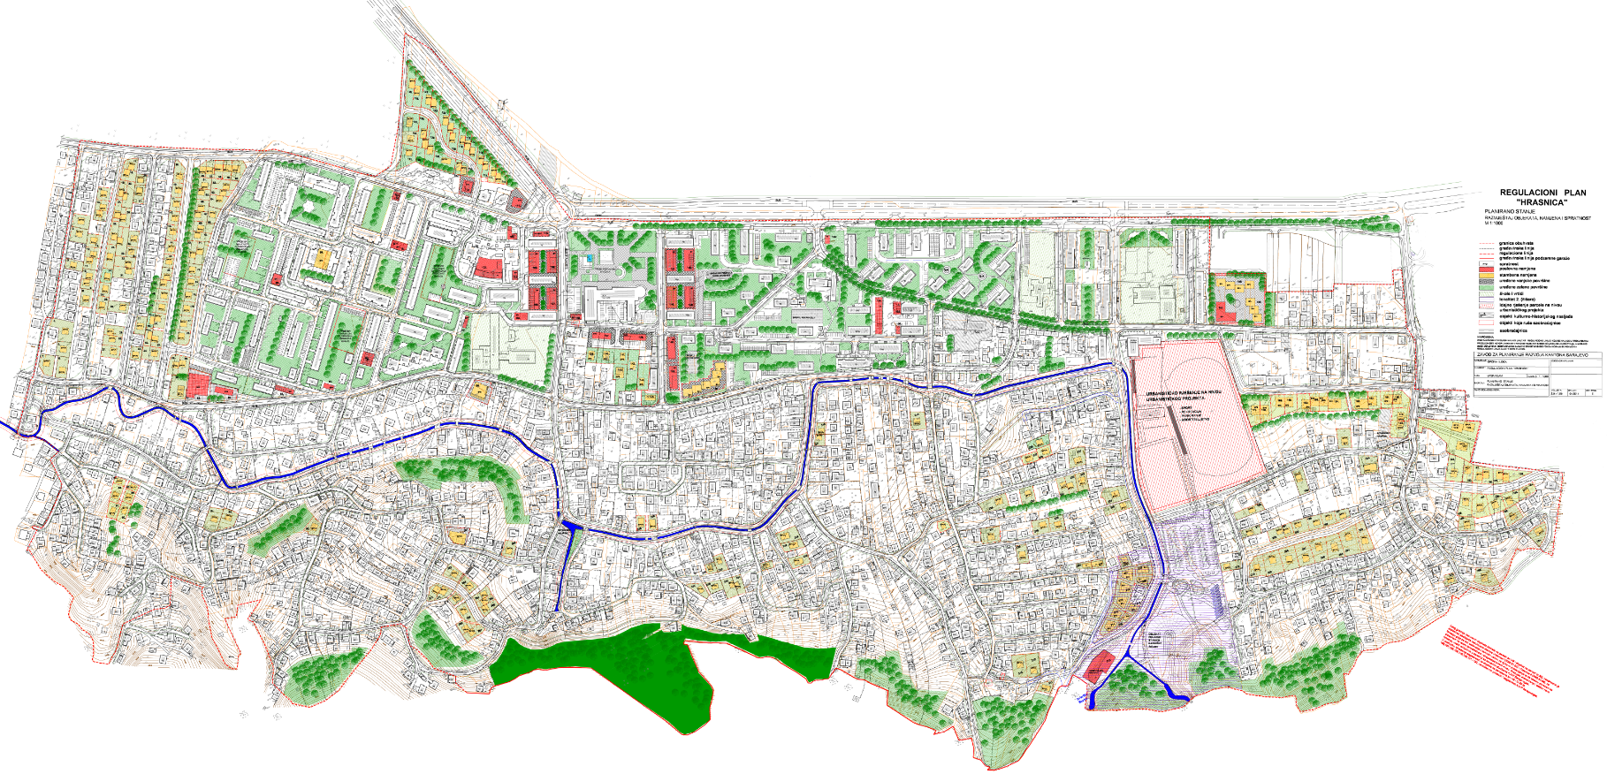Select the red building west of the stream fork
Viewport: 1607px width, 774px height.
pos(1099,665)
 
